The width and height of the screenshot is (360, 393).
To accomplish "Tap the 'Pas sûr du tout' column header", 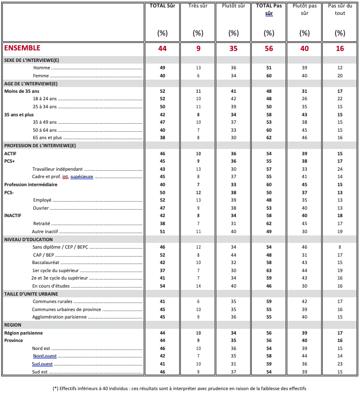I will [340, 9].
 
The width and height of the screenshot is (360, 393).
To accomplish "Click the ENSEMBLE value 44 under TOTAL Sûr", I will [162, 49].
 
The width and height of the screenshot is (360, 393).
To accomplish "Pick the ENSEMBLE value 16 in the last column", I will [340, 49].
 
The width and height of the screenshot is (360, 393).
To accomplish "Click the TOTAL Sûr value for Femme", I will [162, 76].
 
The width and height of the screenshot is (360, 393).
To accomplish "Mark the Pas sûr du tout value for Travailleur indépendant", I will [340, 168].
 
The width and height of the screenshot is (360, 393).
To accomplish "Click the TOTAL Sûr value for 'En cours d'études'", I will [162, 285].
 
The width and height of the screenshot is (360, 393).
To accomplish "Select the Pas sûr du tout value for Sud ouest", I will [340, 363].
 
